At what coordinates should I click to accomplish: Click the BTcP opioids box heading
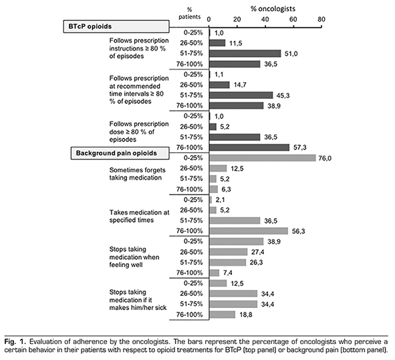coord(116,27)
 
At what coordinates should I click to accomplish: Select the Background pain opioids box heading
coord(120,153)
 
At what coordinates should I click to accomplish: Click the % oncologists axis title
coord(273,9)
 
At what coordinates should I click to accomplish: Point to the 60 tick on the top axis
coord(293,19)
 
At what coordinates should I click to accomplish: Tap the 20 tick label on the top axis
coord(237,19)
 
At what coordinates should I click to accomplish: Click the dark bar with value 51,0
coord(245,53)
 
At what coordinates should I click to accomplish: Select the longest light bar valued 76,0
coord(263,158)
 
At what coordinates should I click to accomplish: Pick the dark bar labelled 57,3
coord(249,147)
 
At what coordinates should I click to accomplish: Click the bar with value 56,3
coord(249,231)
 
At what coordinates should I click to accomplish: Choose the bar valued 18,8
coord(222,315)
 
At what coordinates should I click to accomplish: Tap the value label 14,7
coord(240,85)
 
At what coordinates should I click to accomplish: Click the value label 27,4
coord(258,252)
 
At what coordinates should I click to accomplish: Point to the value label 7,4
coord(228,273)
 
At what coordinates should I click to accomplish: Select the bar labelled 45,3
coord(241,95)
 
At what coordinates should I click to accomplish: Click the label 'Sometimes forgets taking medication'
coord(137,174)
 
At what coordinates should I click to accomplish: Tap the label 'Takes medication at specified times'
coord(139,216)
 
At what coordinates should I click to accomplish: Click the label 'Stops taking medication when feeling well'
coord(134,257)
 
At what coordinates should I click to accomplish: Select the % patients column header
coord(190,13)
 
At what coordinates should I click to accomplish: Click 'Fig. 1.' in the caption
coord(15,341)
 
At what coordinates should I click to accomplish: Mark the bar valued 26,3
coord(228,262)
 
